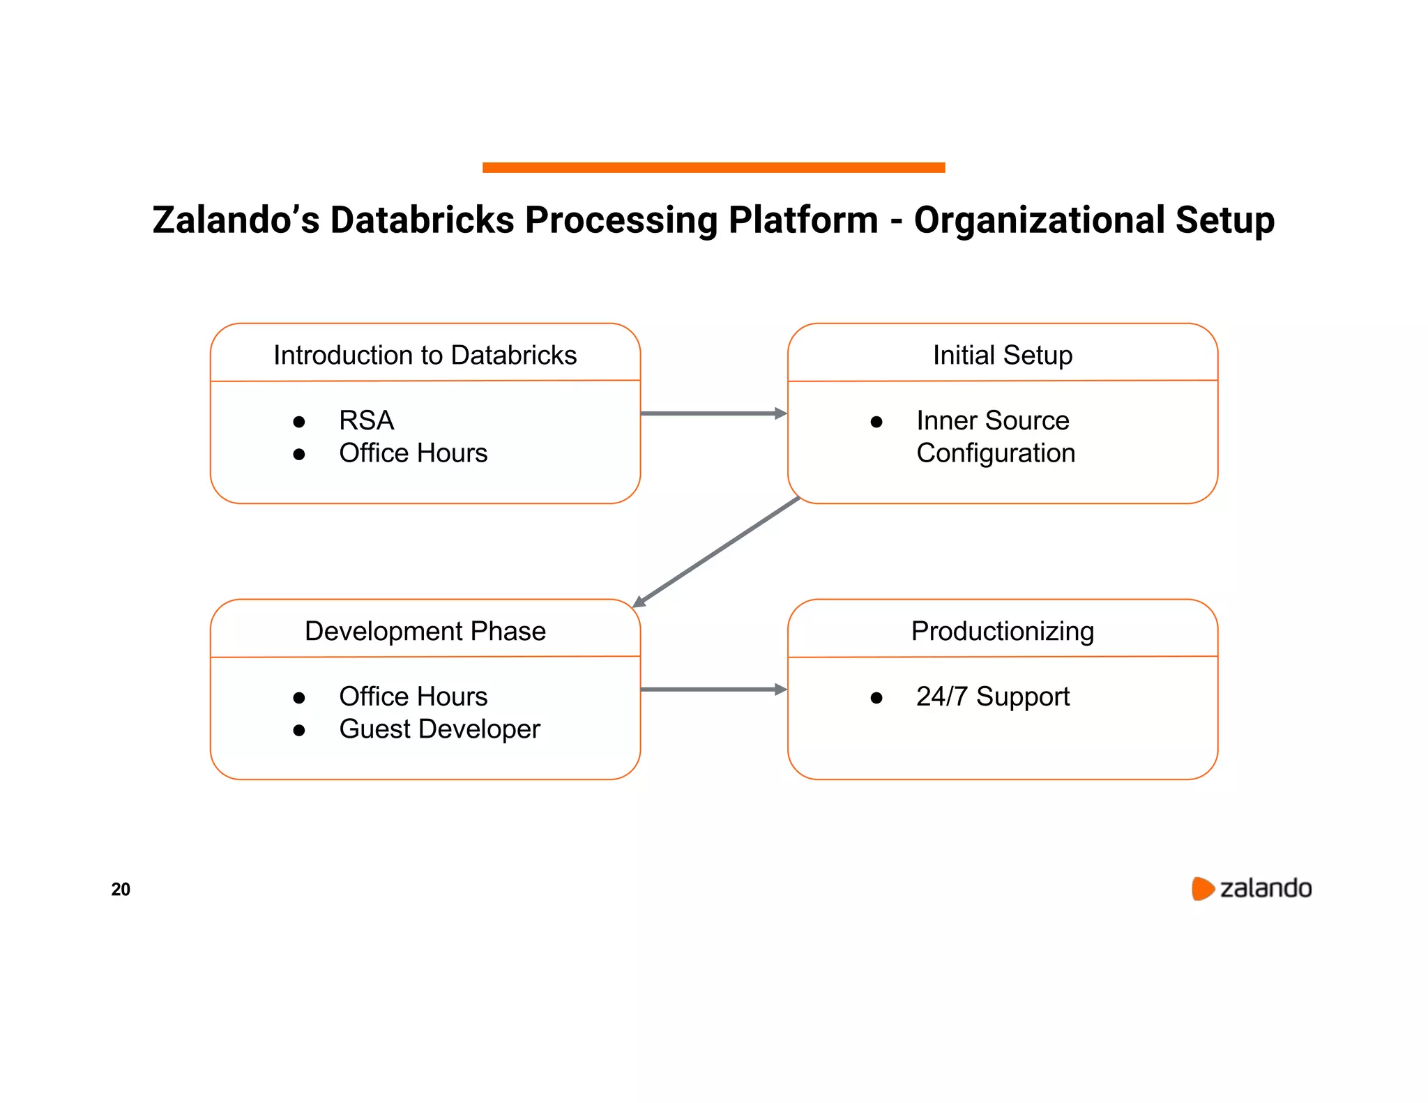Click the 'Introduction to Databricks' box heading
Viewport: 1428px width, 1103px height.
point(425,356)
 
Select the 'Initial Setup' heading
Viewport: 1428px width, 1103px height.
point(1002,356)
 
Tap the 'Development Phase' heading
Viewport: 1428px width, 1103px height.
point(425,631)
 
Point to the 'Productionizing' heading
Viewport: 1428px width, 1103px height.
point(1002,631)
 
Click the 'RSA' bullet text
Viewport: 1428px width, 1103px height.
point(366,420)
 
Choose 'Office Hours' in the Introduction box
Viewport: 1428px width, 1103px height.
point(413,453)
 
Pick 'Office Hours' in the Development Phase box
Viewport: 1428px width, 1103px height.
point(413,697)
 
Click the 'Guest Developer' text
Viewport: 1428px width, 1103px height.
point(439,729)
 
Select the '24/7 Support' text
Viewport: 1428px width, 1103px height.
point(992,697)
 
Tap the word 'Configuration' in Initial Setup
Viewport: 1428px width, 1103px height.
point(995,453)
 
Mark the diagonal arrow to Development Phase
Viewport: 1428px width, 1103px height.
point(716,551)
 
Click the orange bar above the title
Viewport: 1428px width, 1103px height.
point(713,167)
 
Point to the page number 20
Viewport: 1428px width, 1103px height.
point(121,889)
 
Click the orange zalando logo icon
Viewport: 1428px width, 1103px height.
point(1202,889)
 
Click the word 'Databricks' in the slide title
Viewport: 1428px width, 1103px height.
point(422,220)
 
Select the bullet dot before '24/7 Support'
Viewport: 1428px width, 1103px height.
point(876,698)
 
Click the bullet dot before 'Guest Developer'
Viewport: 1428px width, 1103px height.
point(299,731)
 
